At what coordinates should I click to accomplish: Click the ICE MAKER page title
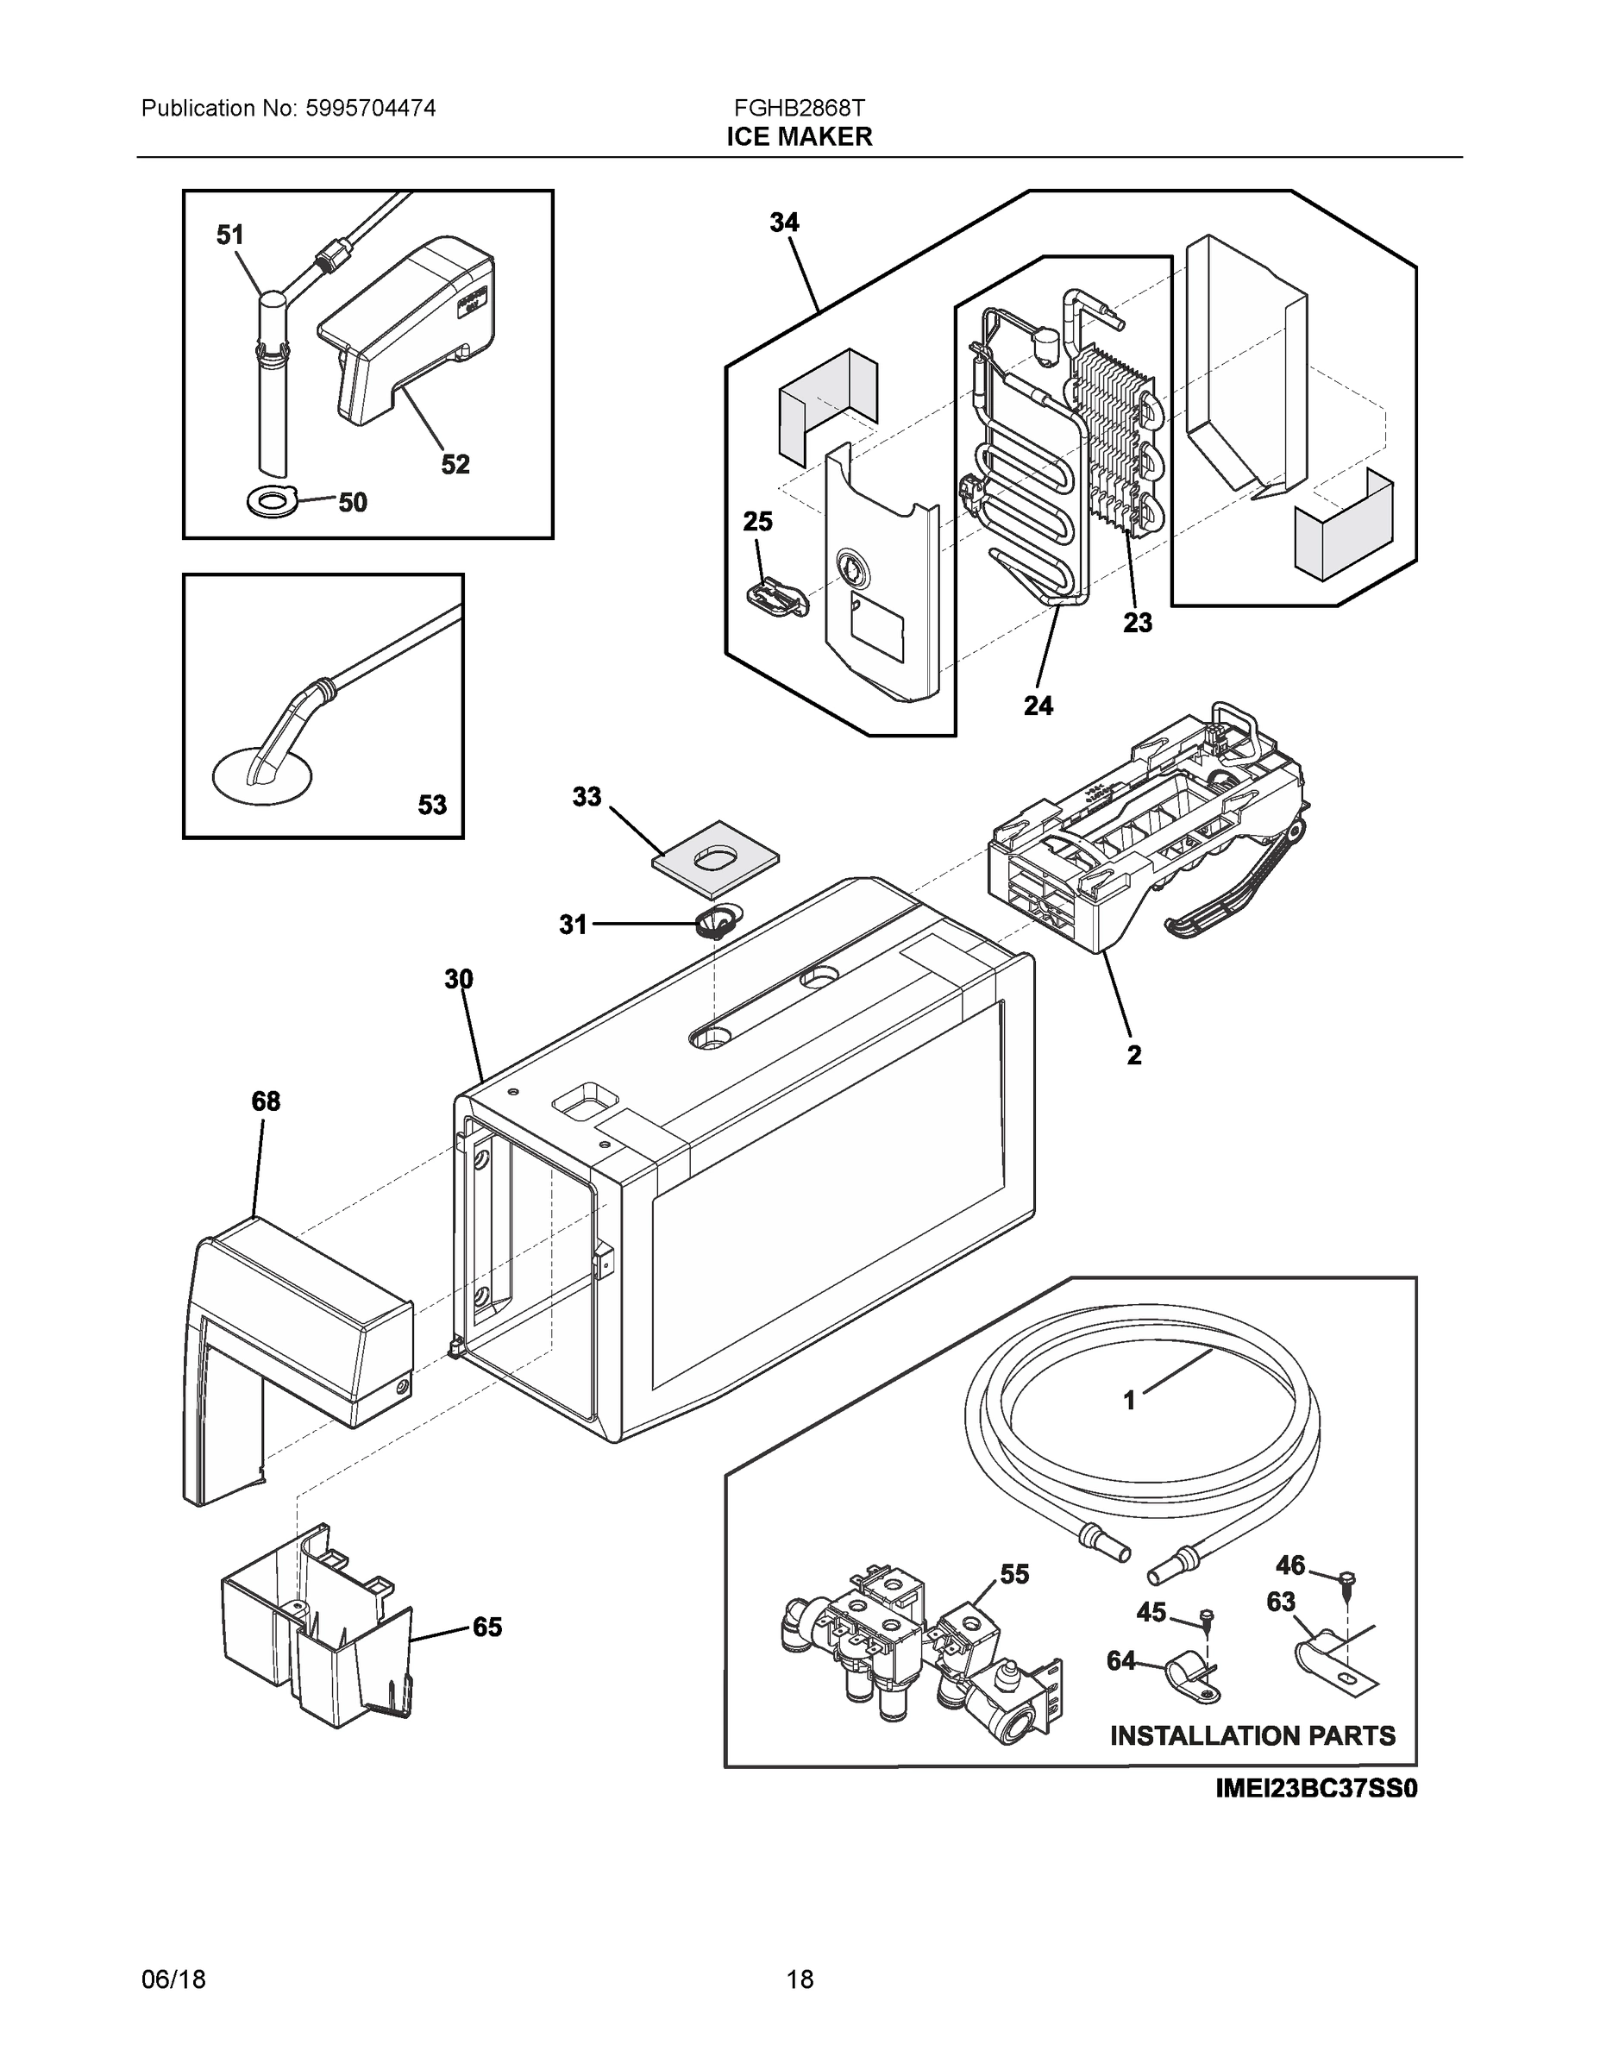click(x=799, y=136)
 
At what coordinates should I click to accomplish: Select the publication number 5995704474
click(x=371, y=108)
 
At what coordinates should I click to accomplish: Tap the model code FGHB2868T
click(x=799, y=107)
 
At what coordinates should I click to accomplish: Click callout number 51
click(x=230, y=235)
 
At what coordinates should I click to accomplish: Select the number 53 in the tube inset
click(x=432, y=805)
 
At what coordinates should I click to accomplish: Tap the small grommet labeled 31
click(x=718, y=920)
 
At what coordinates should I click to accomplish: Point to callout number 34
click(x=784, y=223)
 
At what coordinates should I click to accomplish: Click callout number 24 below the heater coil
click(x=1038, y=706)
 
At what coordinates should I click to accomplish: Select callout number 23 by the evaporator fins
click(x=1138, y=623)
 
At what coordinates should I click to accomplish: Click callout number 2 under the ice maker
click(x=1133, y=1055)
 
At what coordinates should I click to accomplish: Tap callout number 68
click(x=266, y=1101)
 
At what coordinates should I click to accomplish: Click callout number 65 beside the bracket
click(x=487, y=1628)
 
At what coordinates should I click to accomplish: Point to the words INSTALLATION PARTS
click(x=1252, y=1735)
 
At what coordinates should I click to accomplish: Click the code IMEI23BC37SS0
click(x=1315, y=1789)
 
